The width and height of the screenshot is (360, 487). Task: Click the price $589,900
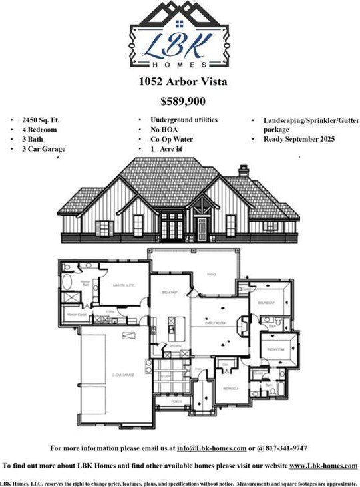[x=183, y=102]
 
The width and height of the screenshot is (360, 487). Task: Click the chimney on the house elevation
[x=244, y=172]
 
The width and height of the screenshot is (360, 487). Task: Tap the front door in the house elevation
[x=201, y=228]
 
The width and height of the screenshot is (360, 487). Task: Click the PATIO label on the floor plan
[x=212, y=273]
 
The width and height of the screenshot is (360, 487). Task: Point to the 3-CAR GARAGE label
[x=122, y=375]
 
